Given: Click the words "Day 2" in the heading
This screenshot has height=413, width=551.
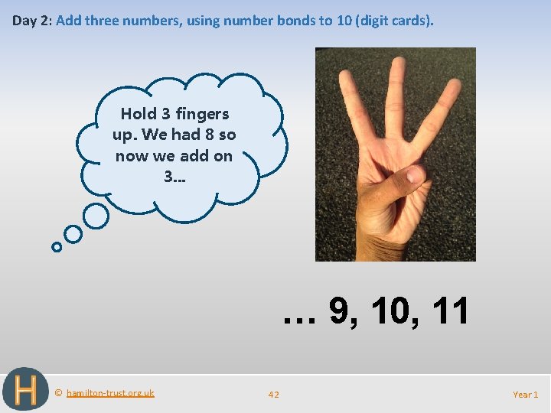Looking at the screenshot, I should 30,21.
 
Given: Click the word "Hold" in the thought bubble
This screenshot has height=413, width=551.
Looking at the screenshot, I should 138,114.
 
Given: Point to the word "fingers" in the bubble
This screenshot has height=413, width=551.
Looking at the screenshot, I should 202,114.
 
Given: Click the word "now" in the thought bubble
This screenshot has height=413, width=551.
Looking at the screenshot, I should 131,156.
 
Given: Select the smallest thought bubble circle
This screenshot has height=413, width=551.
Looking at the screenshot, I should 57,247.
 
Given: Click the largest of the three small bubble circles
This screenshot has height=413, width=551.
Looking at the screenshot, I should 96,216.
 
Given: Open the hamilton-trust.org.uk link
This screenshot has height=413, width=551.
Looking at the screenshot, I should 110,393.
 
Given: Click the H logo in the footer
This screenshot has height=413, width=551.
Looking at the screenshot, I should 24,390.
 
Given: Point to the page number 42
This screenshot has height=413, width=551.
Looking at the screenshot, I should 274,395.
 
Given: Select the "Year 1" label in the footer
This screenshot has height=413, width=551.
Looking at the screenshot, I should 525,395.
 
